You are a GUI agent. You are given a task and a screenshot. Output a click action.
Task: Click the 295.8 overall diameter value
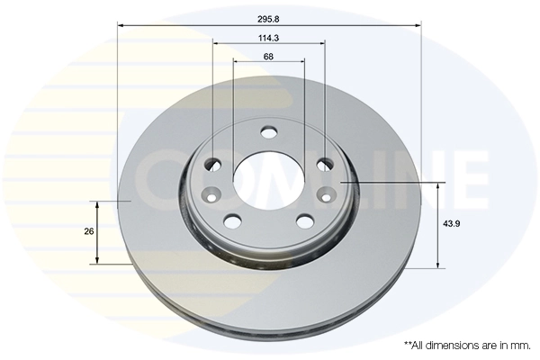click(268, 19)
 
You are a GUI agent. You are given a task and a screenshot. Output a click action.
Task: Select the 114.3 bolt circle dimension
click(268, 38)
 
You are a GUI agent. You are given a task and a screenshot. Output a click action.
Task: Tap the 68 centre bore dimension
click(268, 56)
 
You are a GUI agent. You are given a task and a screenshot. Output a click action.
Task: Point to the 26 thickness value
click(89, 231)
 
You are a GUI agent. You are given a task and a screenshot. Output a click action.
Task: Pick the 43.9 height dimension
click(452, 223)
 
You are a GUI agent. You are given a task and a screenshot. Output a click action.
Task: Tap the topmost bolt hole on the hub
click(268, 132)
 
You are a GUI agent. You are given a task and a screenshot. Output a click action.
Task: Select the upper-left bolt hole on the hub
click(213, 165)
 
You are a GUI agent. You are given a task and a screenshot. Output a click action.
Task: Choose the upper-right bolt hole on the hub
click(325, 165)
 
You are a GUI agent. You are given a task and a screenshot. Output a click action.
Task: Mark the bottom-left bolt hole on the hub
click(232, 220)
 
